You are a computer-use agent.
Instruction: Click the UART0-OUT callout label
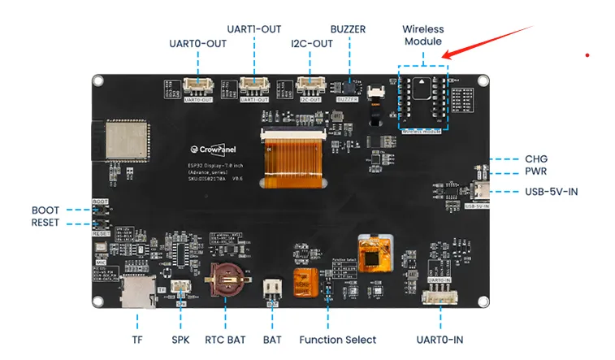tap(198, 43)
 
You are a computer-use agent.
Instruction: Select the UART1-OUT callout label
tap(255, 28)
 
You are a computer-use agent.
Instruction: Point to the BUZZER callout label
tap(348, 29)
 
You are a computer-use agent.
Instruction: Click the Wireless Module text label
tap(422, 35)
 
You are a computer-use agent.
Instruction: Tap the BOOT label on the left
tap(45, 210)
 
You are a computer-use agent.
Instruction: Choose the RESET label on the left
tap(45, 223)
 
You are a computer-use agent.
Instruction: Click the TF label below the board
tap(137, 340)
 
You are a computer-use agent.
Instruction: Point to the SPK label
tap(180, 340)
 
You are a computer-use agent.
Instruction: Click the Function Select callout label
tap(337, 340)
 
